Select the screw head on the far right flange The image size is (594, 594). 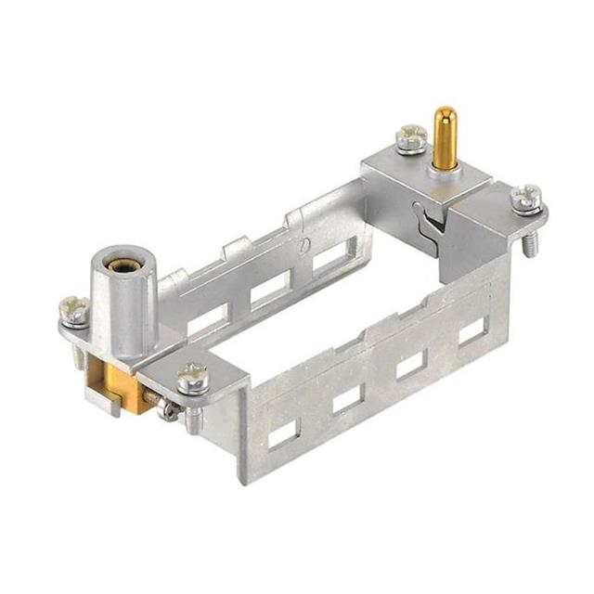click(525, 198)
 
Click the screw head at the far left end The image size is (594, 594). click(73, 309)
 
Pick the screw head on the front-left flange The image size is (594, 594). click(194, 377)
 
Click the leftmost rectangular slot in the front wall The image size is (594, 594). click(283, 431)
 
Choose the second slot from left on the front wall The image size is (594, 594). click(347, 398)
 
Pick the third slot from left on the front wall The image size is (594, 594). click(410, 365)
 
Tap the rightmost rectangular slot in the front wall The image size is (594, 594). click(471, 331)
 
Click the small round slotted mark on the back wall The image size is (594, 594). click(304, 246)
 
